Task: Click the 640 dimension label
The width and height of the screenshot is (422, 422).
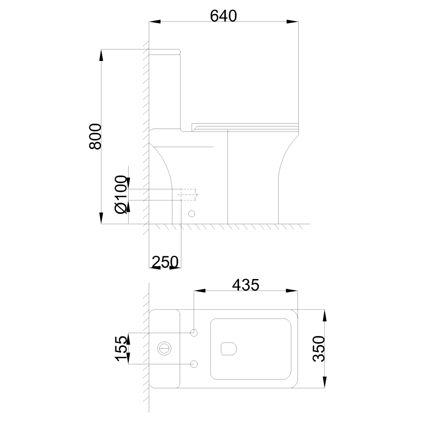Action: point(223,16)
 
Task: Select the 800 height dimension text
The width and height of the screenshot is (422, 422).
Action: point(95,136)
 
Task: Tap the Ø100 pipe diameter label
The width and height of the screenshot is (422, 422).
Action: point(121,195)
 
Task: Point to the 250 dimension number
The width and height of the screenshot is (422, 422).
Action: point(165,261)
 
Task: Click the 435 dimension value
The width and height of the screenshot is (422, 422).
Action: point(246,285)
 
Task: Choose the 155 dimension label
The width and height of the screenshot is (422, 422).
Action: point(121,348)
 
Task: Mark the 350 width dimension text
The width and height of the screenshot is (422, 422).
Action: point(319,348)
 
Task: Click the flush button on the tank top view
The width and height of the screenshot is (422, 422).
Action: point(164,349)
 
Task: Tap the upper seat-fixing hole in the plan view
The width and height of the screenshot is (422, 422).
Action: point(194,333)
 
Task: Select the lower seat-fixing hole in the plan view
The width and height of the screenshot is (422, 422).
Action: point(194,364)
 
